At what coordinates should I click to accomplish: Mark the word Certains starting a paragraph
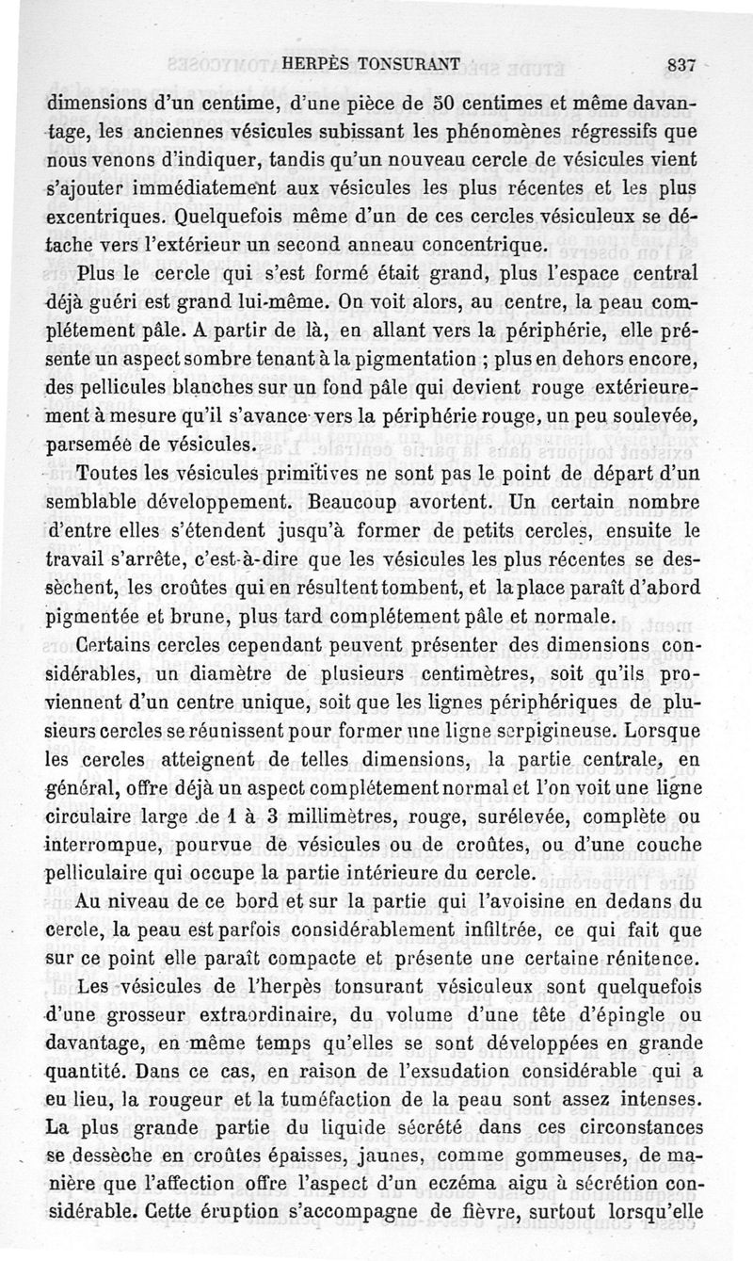click(x=120, y=647)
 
